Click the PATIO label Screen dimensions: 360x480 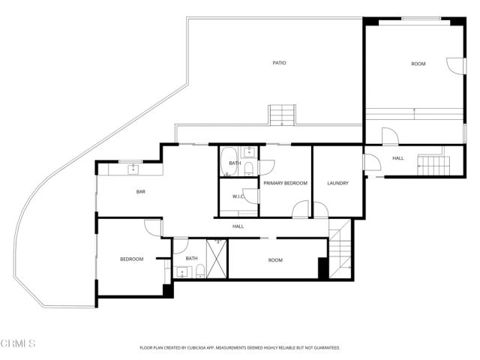coord(279,63)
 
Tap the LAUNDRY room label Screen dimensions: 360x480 coord(337,183)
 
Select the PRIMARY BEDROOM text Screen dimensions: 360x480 coord(285,183)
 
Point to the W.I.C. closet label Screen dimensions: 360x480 coord(238,197)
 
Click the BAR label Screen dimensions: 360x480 coord(140,192)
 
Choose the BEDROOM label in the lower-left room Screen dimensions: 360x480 coord(132,259)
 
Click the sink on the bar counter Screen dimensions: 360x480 coord(133,168)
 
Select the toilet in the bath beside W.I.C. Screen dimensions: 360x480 coord(250,169)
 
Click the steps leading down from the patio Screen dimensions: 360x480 coord(283,115)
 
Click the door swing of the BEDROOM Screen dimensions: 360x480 coord(154,228)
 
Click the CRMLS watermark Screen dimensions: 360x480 coord(19,343)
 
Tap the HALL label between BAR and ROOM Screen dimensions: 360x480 coord(238,226)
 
